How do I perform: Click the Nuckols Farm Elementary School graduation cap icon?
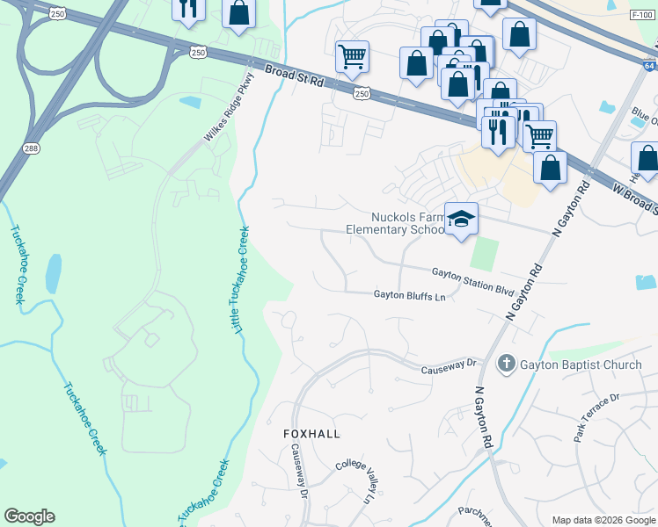click(461, 220)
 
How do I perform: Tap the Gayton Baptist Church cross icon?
click(507, 363)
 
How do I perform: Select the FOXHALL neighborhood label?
click(311, 434)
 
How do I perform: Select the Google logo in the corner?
click(29, 516)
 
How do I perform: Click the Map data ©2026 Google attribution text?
click(603, 520)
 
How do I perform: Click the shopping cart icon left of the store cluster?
click(352, 56)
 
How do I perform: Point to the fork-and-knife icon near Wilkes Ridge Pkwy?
click(187, 9)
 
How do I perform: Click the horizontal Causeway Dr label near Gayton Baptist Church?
click(448, 362)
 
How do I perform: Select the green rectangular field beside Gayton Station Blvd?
click(483, 254)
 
